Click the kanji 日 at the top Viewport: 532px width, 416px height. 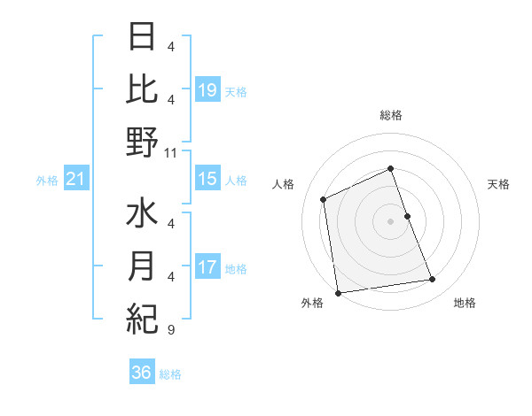(142, 38)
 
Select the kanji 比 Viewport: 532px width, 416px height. (142, 89)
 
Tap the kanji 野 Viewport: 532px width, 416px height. (142, 142)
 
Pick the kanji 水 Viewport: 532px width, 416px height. (142, 215)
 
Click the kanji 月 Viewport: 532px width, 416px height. (142, 266)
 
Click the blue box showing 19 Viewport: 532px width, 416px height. (207, 90)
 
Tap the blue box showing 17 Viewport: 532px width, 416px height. (207, 267)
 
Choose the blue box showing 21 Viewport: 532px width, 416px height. (76, 180)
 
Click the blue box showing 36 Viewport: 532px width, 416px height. (142, 373)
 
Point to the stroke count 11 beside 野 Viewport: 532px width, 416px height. (171, 152)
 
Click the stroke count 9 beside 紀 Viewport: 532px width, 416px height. (170, 330)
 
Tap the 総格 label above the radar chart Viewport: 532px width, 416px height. (390, 115)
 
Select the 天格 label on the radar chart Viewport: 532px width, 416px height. (499, 184)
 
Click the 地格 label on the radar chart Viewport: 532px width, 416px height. (465, 303)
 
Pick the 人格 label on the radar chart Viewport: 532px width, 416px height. (284, 184)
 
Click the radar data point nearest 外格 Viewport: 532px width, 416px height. (338, 292)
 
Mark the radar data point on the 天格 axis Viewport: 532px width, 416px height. (407, 215)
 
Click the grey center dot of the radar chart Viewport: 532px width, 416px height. (390, 220)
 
